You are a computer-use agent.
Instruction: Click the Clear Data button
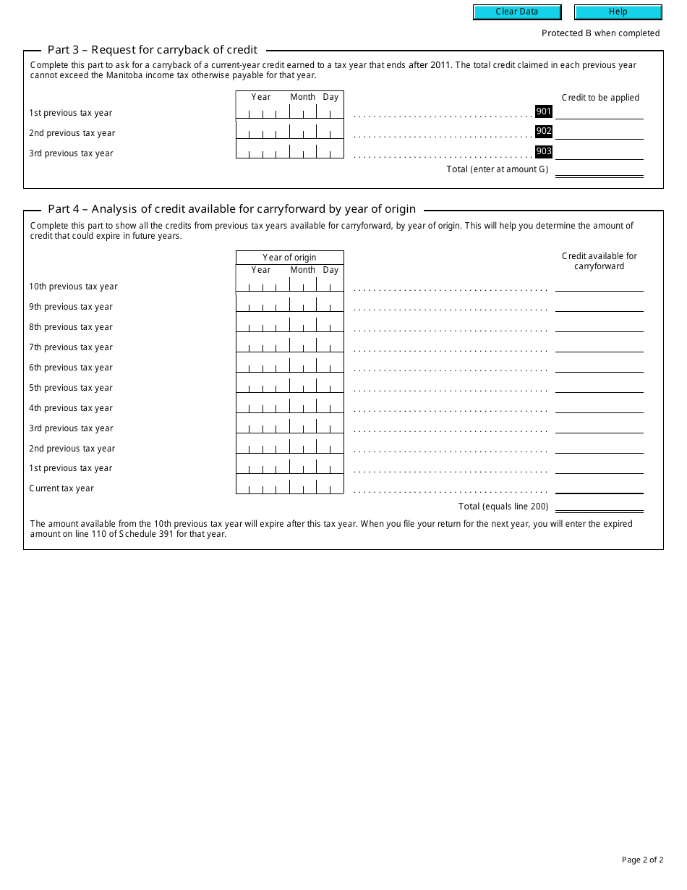point(516,12)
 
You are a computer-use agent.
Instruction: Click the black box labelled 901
point(544,111)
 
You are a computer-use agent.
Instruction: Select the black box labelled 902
point(544,132)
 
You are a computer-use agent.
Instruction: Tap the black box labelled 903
point(544,151)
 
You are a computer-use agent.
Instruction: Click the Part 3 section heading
point(153,50)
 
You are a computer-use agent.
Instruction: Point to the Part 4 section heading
point(231,209)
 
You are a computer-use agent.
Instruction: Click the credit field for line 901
point(599,111)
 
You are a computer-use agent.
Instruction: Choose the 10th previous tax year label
point(73,287)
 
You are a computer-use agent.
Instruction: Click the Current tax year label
point(61,488)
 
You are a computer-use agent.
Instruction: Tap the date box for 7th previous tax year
point(289,347)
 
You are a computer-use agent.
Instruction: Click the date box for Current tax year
point(289,488)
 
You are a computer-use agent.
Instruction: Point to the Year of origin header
point(289,258)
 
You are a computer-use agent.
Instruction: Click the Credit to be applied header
point(600,98)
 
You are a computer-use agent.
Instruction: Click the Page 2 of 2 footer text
point(642,860)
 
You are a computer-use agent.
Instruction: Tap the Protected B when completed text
point(600,33)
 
